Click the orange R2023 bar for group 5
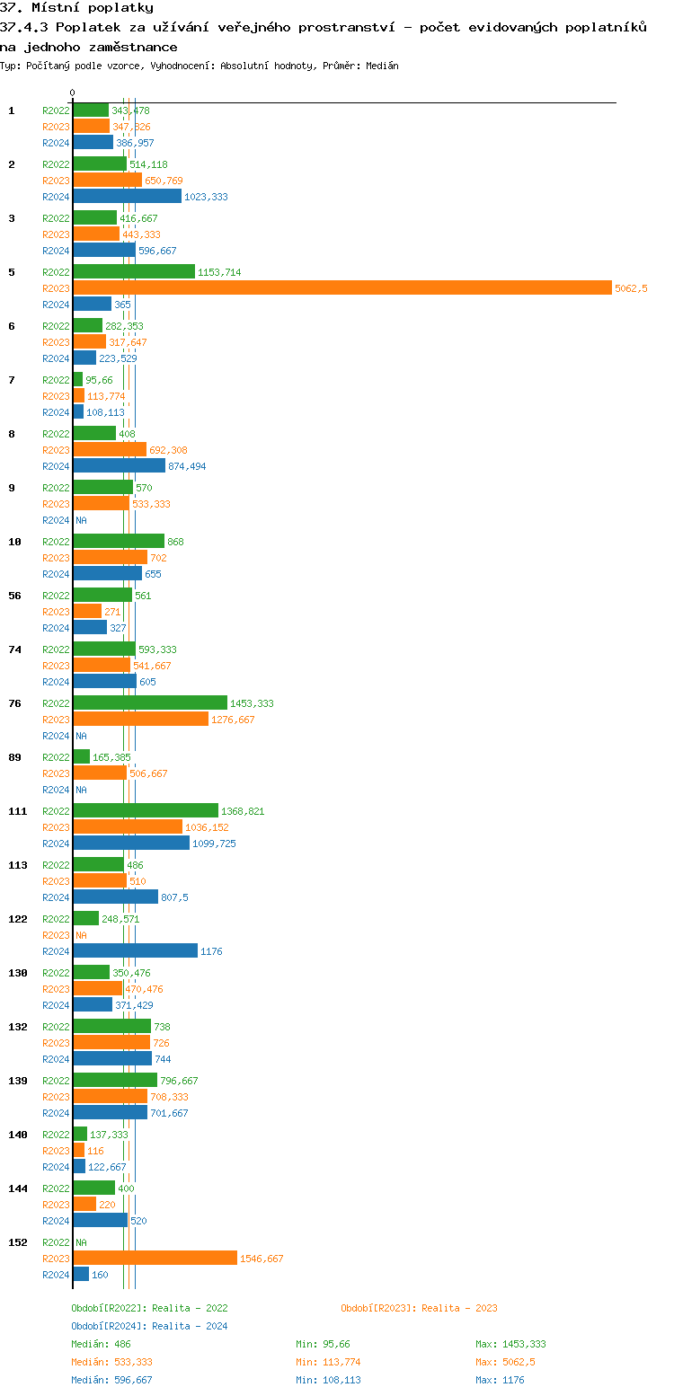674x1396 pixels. pos(341,288)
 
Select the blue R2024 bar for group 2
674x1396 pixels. pos(127,197)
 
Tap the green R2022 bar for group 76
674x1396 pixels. pos(149,703)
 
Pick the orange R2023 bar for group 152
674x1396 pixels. pos(155,1259)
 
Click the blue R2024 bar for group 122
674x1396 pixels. pos(135,951)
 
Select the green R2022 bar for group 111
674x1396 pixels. pos(145,811)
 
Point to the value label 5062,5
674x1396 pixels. pos(631,288)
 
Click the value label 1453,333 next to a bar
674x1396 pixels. pos(252,703)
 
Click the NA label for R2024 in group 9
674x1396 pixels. pos(81,520)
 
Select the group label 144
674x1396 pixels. pos(18,1188)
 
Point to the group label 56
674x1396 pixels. pos(14,596)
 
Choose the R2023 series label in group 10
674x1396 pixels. pos(56,558)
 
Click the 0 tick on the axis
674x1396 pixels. pos(73,93)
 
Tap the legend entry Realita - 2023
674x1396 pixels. pos(419,1308)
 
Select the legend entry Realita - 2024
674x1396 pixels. pos(149,1326)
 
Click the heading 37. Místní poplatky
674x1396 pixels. pos(76,8)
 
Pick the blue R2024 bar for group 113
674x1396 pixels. pos(115,897)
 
